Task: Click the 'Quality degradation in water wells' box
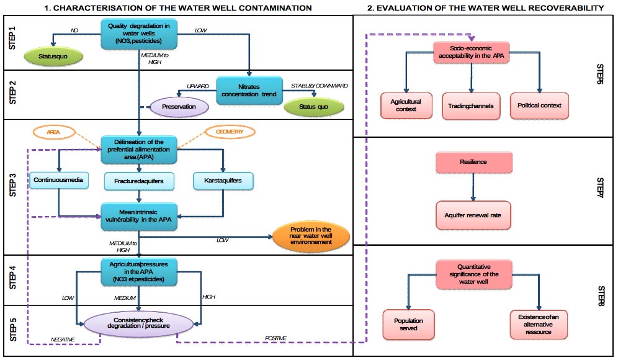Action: pyautogui.click(x=140, y=32)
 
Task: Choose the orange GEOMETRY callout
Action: pyautogui.click(x=226, y=132)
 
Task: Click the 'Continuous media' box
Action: pyautogui.click(x=58, y=181)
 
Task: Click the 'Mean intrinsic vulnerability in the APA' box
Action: pyautogui.click(x=140, y=212)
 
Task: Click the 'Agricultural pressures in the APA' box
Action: pyautogui.click(x=140, y=272)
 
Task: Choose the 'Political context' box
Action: pyautogui.click(x=539, y=106)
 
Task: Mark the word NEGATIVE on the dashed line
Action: pyautogui.click(x=63, y=339)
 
